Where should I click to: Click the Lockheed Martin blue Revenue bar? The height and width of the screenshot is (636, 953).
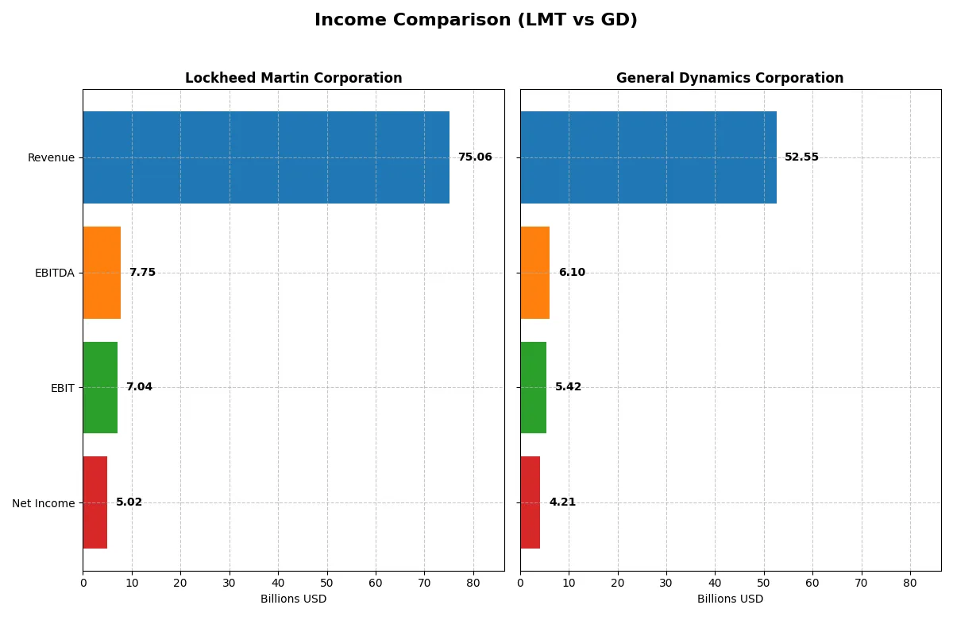[x=266, y=157]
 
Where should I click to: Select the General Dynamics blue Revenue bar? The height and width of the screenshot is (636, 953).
[x=648, y=157]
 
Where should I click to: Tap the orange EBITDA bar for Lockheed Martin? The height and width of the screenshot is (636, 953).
[x=102, y=273]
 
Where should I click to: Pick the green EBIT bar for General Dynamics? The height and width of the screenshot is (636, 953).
[x=533, y=387]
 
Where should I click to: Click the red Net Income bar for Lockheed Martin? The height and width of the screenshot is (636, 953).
[x=95, y=502]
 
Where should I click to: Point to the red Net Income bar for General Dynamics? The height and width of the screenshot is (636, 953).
[x=530, y=502]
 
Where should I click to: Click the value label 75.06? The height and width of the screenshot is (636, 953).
[x=475, y=157]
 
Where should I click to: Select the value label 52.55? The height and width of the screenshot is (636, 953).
[x=801, y=157]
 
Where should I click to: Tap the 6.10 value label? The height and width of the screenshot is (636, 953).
[x=572, y=273]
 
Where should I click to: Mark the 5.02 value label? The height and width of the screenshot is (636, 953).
[x=129, y=502]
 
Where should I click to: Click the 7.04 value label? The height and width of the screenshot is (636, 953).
[x=139, y=387]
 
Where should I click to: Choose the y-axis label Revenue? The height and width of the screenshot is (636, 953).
[x=51, y=157]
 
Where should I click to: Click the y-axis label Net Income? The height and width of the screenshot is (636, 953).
[x=44, y=503]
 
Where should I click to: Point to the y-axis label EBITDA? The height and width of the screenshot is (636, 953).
[x=55, y=273]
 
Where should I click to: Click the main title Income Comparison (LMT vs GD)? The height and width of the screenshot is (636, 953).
[x=476, y=20]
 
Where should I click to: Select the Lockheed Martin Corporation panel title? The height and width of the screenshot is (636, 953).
[x=293, y=78]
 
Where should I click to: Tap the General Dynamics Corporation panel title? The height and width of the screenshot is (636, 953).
[x=730, y=78]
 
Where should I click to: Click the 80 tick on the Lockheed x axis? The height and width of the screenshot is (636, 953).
[x=473, y=583]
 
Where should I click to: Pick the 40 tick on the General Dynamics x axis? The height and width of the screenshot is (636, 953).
[x=715, y=583]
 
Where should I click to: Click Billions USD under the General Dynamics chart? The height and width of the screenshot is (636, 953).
[x=730, y=599]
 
